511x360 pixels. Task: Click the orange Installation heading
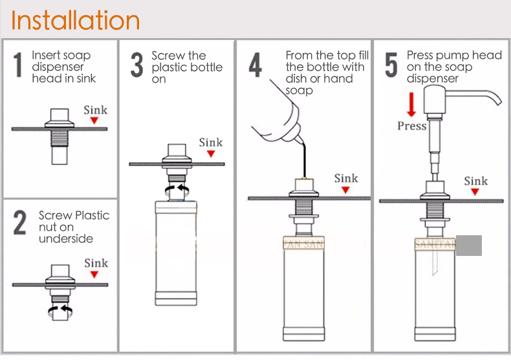pyautogui.click(x=75, y=20)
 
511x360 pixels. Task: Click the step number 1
pyautogui.click(x=18, y=65)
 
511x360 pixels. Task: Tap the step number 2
pyautogui.click(x=19, y=222)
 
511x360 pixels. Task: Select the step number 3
pyautogui.click(x=137, y=65)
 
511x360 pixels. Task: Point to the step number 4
pyautogui.click(x=255, y=65)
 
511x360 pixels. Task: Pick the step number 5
pyautogui.click(x=391, y=65)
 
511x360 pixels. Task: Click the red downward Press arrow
pyautogui.click(x=411, y=104)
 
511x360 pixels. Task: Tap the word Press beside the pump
pyautogui.click(x=412, y=126)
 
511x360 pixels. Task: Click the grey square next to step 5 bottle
pyautogui.click(x=469, y=246)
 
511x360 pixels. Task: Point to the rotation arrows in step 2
pyautogui.click(x=60, y=311)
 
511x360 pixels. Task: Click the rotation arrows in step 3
pyautogui.click(x=177, y=190)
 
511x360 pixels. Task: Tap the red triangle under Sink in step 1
pyautogui.click(x=94, y=120)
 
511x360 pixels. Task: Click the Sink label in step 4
pyautogui.click(x=346, y=178)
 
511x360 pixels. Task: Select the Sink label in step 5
pyautogui.click(x=476, y=181)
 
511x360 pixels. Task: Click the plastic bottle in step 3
pyautogui.click(x=176, y=253)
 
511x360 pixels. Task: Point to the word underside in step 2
pyautogui.click(x=66, y=238)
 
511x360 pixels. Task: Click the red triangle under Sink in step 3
pyautogui.click(x=211, y=154)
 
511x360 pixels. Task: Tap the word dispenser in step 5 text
pyautogui.click(x=433, y=79)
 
